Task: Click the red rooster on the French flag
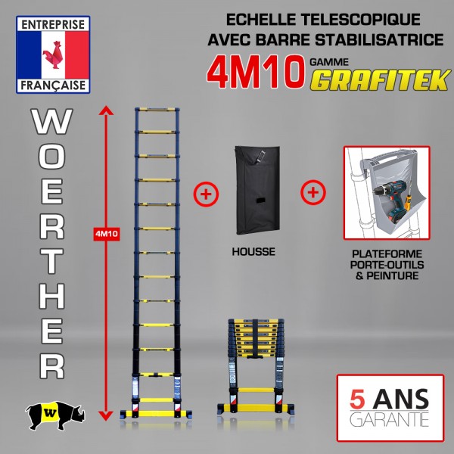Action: [x=53, y=55]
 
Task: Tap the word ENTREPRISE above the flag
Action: [x=53, y=24]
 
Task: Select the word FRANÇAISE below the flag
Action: [x=53, y=86]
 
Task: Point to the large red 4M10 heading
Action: [x=256, y=73]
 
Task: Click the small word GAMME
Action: [x=329, y=62]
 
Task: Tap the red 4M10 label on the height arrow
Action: [x=107, y=234]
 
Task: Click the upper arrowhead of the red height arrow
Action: [x=106, y=110]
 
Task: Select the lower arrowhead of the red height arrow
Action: [x=106, y=415]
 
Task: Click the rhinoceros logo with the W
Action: [x=55, y=415]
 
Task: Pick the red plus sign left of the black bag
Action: [x=206, y=194]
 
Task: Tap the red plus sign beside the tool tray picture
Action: [x=313, y=192]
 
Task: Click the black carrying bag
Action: [x=257, y=190]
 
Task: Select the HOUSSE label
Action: [x=253, y=252]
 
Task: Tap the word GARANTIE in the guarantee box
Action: [x=389, y=419]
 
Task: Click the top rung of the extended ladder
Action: [x=157, y=110]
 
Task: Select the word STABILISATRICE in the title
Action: [x=379, y=39]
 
